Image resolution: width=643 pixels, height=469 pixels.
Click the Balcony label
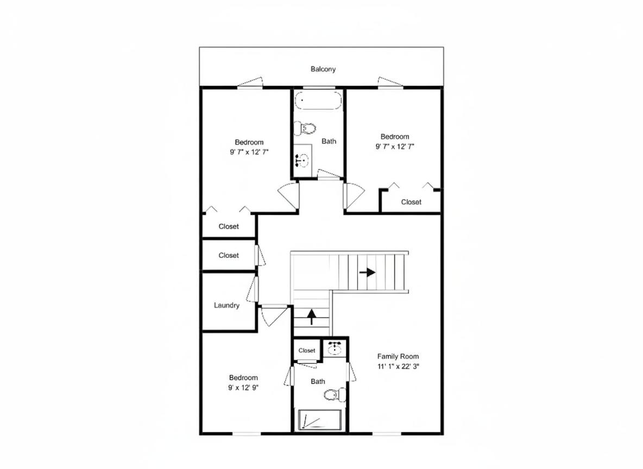pyautogui.click(x=323, y=69)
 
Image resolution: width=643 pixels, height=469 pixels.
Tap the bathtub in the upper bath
pyautogui.click(x=318, y=101)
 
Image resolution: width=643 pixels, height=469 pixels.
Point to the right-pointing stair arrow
pyautogui.click(x=368, y=272)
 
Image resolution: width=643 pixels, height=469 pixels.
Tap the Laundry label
pyautogui.click(x=226, y=305)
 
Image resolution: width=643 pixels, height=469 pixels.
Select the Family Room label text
pyautogui.click(x=398, y=356)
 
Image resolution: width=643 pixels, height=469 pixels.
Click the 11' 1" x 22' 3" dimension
pyautogui.click(x=398, y=366)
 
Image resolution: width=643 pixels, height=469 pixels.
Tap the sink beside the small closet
pyautogui.click(x=336, y=348)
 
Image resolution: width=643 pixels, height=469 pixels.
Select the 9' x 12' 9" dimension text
pyautogui.click(x=244, y=388)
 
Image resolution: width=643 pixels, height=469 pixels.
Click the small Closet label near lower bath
pyautogui.click(x=307, y=350)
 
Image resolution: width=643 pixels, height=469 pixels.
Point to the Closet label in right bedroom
pyautogui.click(x=411, y=202)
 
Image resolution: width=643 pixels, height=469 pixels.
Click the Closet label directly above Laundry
pyautogui.click(x=229, y=255)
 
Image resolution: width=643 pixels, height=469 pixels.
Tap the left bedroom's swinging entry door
pyautogui.click(x=289, y=196)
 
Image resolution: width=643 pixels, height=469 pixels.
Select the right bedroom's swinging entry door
pyautogui.click(x=354, y=195)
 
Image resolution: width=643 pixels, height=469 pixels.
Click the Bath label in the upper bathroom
pyautogui.click(x=329, y=141)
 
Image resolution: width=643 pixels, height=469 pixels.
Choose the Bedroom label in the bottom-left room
pyautogui.click(x=244, y=377)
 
